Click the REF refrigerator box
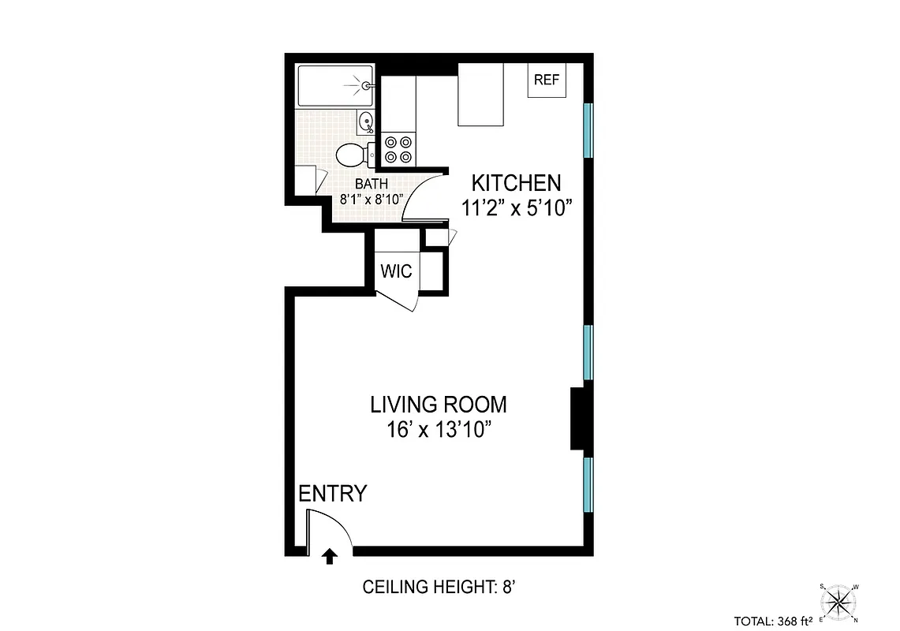(x=547, y=80)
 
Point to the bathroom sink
(x=365, y=121)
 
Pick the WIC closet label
(x=396, y=271)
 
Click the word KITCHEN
(x=516, y=183)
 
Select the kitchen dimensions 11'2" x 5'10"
(x=516, y=208)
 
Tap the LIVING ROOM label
(x=439, y=405)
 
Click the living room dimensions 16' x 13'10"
(x=439, y=430)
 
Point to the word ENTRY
(x=332, y=494)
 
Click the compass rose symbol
(x=839, y=603)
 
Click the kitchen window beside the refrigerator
(x=588, y=130)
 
